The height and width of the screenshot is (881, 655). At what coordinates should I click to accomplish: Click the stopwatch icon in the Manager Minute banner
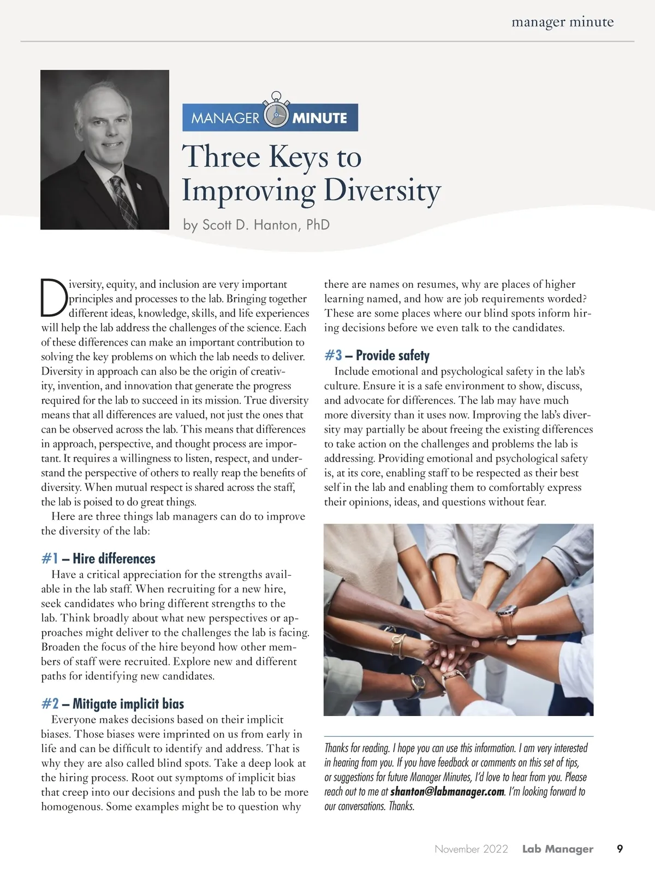tap(276, 115)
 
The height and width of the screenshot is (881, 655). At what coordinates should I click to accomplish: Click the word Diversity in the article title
tap(382, 191)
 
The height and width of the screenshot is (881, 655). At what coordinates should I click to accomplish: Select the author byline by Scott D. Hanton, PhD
tap(257, 225)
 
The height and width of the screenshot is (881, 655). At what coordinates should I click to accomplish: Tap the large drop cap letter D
tap(53, 298)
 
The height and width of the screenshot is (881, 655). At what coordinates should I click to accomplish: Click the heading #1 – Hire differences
tap(98, 558)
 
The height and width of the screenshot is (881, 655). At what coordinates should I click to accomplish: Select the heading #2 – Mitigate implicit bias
tap(112, 703)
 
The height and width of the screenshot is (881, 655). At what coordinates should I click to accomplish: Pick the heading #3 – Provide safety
tap(377, 356)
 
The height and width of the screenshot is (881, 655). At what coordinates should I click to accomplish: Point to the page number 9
tap(620, 849)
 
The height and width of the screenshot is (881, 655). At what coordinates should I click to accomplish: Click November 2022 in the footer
tap(471, 849)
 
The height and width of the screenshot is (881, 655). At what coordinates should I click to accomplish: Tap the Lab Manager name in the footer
tap(557, 849)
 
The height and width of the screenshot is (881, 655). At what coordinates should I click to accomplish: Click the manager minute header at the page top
tap(562, 22)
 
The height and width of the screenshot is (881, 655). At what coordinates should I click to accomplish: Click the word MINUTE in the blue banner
tap(320, 118)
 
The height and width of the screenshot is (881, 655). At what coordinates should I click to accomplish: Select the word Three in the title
tap(221, 157)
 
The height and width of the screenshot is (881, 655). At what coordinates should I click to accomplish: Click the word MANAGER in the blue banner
tap(225, 118)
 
